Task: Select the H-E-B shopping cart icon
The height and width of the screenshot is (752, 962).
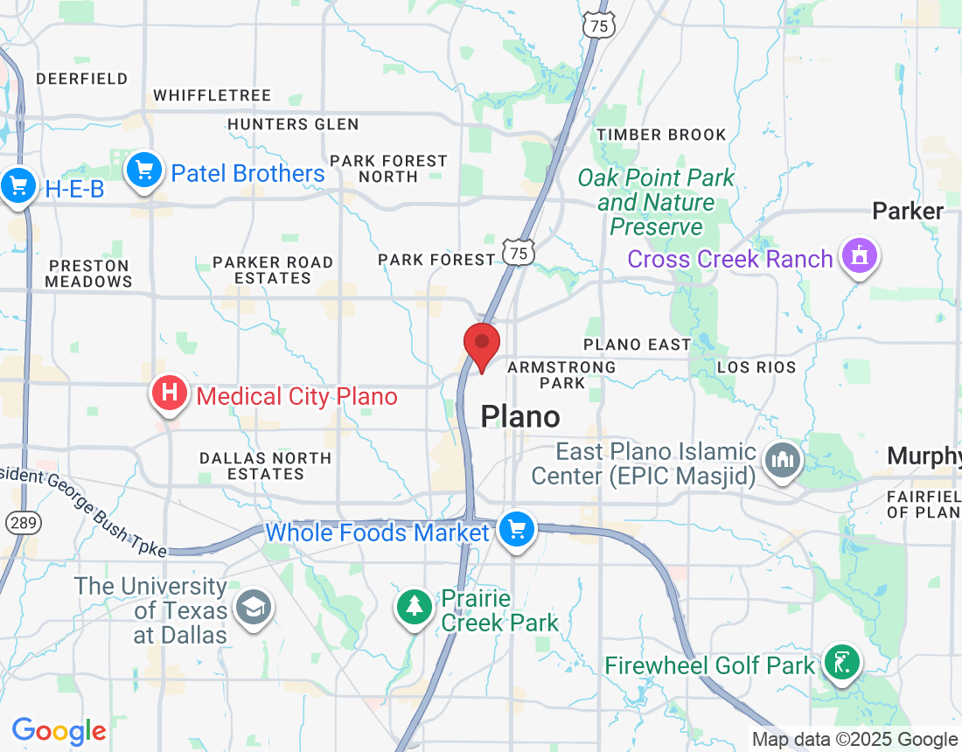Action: click(x=17, y=186)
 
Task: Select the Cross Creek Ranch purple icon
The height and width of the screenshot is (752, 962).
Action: click(x=860, y=256)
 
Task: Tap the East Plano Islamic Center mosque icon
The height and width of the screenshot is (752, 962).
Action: click(x=782, y=460)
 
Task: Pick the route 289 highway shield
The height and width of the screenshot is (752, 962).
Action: click(x=19, y=523)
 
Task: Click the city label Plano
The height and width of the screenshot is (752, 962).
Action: click(x=520, y=417)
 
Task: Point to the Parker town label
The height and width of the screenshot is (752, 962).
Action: click(x=908, y=212)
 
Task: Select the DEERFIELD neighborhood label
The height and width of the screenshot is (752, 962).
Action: click(x=82, y=79)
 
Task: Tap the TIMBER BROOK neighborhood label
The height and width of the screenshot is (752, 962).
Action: click(x=661, y=135)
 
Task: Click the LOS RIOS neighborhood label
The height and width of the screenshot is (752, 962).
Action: click(x=756, y=367)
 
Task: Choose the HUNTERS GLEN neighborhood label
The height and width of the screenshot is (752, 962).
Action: click(x=293, y=124)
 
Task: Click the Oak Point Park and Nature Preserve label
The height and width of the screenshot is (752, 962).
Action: click(x=656, y=203)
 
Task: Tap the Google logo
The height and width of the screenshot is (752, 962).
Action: click(x=59, y=731)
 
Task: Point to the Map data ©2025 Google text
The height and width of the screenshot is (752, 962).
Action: click(x=854, y=740)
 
